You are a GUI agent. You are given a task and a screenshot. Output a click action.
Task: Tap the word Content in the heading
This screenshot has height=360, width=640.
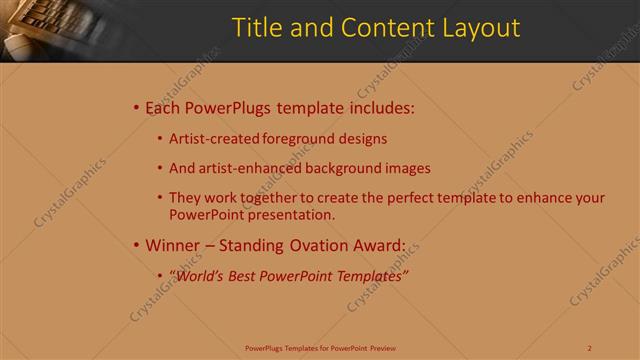click(384, 28)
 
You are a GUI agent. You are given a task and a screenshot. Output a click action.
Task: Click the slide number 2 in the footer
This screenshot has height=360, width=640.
click(590, 348)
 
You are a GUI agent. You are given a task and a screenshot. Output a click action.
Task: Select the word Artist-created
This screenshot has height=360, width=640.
click(215, 139)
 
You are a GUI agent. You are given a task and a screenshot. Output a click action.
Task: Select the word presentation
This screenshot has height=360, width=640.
click(294, 214)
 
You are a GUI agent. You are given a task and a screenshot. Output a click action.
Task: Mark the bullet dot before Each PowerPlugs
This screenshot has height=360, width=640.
click(136, 108)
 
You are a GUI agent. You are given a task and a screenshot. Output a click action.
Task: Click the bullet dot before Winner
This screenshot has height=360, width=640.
click(136, 245)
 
